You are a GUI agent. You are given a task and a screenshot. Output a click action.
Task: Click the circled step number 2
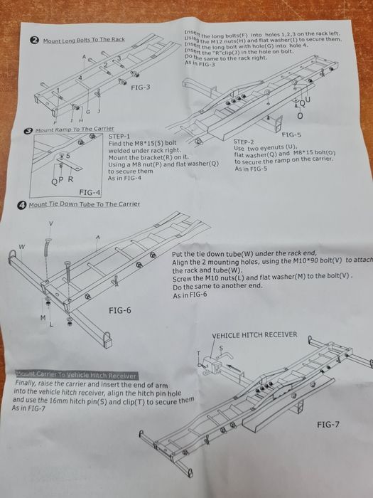pyautogui.click(x=33, y=41)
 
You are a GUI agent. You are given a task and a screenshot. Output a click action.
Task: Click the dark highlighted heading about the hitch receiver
pyautogui.click(x=76, y=375)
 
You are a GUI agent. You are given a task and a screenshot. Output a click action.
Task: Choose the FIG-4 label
pyautogui.click(x=90, y=192)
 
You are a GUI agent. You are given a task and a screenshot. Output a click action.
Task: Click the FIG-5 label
pyautogui.click(x=291, y=134)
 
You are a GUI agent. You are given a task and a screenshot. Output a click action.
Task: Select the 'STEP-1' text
pyautogui.click(x=121, y=135)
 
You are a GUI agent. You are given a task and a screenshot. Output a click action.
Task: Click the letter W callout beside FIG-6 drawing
pyautogui.click(x=22, y=247)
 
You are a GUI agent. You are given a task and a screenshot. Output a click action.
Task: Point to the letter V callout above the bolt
pyautogui.click(x=50, y=223)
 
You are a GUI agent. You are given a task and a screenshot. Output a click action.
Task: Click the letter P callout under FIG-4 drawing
pyautogui.click(x=62, y=180)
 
